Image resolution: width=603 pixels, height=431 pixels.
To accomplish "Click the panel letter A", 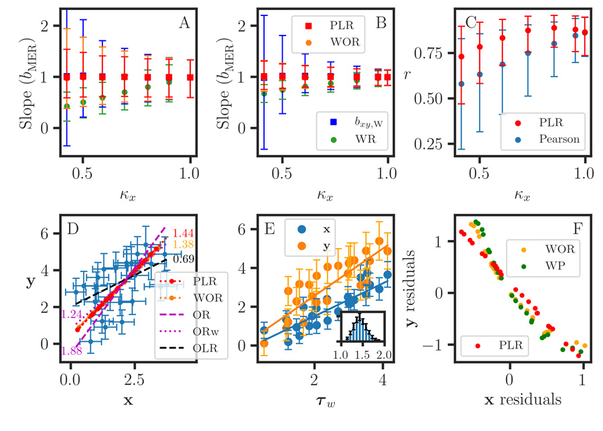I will point(184,22).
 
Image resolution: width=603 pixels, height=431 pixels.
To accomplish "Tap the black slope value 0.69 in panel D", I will point(186,259).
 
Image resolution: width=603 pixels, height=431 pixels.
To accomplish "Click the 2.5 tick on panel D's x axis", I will point(135,380).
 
